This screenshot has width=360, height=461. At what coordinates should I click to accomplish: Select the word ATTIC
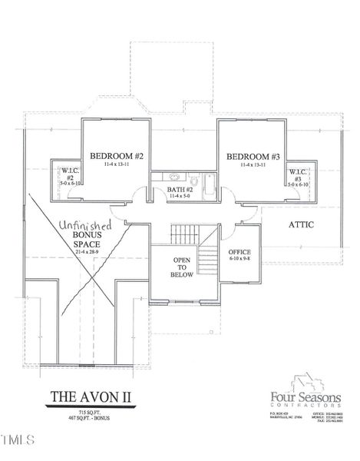tap(302, 225)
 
